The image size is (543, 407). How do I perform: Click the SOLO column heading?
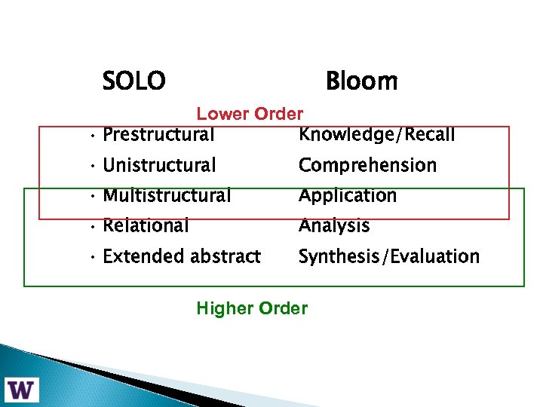pyautogui.click(x=133, y=81)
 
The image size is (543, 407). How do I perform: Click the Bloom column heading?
pyautogui.click(x=361, y=81)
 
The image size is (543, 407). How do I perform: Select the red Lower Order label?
pyautogui.click(x=250, y=114)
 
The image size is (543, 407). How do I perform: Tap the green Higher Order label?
pyautogui.click(x=252, y=308)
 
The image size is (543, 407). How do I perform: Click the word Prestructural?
pyautogui.click(x=158, y=136)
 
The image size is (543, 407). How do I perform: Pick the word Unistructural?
pyautogui.click(x=159, y=165)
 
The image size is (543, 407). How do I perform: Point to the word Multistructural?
pyautogui.click(x=167, y=196)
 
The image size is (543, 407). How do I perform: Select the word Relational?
pyautogui.click(x=146, y=225)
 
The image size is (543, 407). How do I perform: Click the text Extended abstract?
pyautogui.click(x=182, y=256)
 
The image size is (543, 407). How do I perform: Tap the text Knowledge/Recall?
pyautogui.click(x=376, y=136)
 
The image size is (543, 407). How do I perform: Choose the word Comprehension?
pyautogui.click(x=367, y=165)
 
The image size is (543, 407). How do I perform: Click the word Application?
pyautogui.click(x=347, y=196)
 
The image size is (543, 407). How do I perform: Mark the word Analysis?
pyautogui.click(x=334, y=225)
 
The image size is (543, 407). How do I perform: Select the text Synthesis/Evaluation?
pyautogui.click(x=388, y=256)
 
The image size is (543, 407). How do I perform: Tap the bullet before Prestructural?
pyautogui.click(x=90, y=137)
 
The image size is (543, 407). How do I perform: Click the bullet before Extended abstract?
pyautogui.click(x=90, y=258)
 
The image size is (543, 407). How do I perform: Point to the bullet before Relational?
pyautogui.click(x=90, y=227)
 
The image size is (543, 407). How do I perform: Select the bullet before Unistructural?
pyautogui.click(x=90, y=167)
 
